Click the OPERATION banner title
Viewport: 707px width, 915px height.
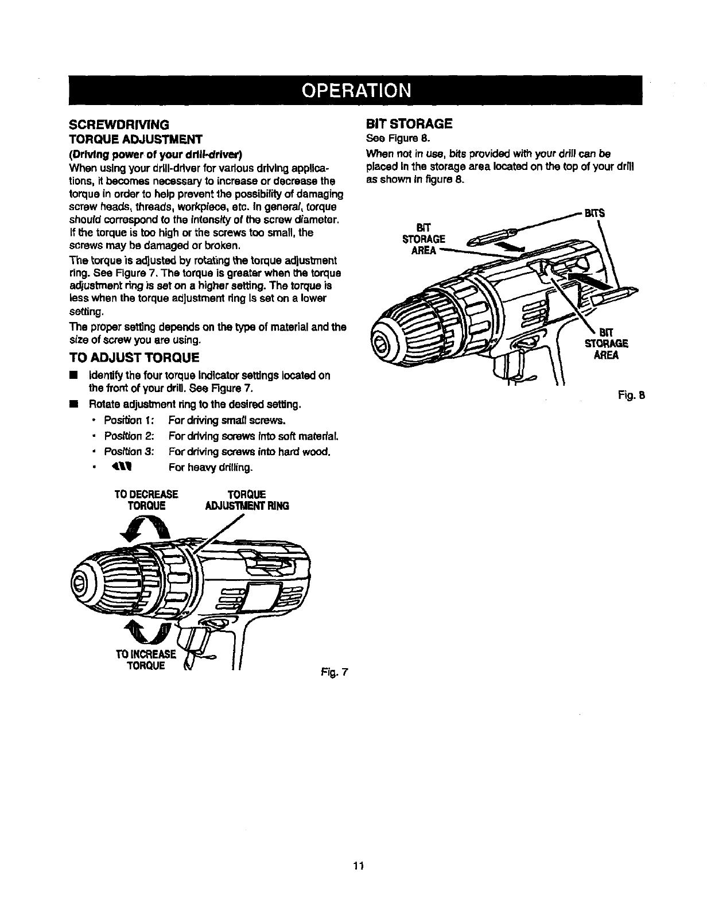pyautogui.click(x=353, y=91)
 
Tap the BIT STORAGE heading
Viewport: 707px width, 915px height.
pyautogui.click(x=409, y=123)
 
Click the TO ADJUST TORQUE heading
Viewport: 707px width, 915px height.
pyautogui.click(x=133, y=358)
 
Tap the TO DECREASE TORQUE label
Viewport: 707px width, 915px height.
pyautogui.click(x=147, y=500)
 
